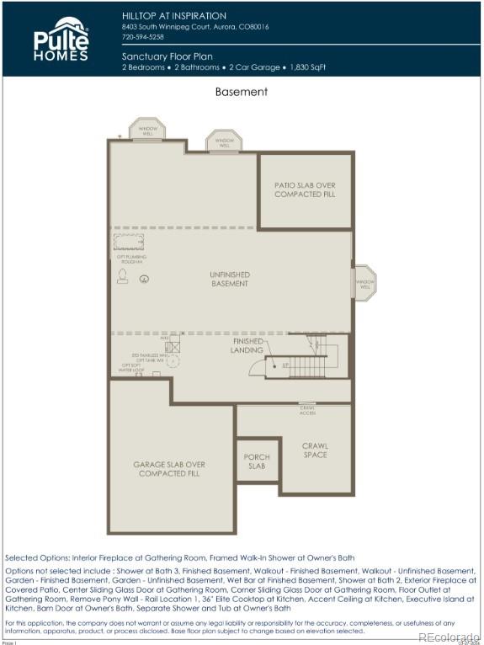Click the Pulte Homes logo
point(61,39)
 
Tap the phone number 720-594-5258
point(143,37)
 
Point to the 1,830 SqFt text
point(307,67)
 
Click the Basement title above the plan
point(241,92)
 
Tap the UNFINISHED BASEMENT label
point(230,280)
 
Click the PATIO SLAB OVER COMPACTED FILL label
point(304,189)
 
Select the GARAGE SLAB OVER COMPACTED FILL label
point(169,469)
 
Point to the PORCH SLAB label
point(257,461)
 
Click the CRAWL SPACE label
point(315,450)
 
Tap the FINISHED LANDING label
point(247,345)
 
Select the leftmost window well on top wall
point(147,129)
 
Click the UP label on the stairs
point(285,365)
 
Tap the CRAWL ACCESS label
point(307,411)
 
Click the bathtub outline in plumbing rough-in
point(129,243)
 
